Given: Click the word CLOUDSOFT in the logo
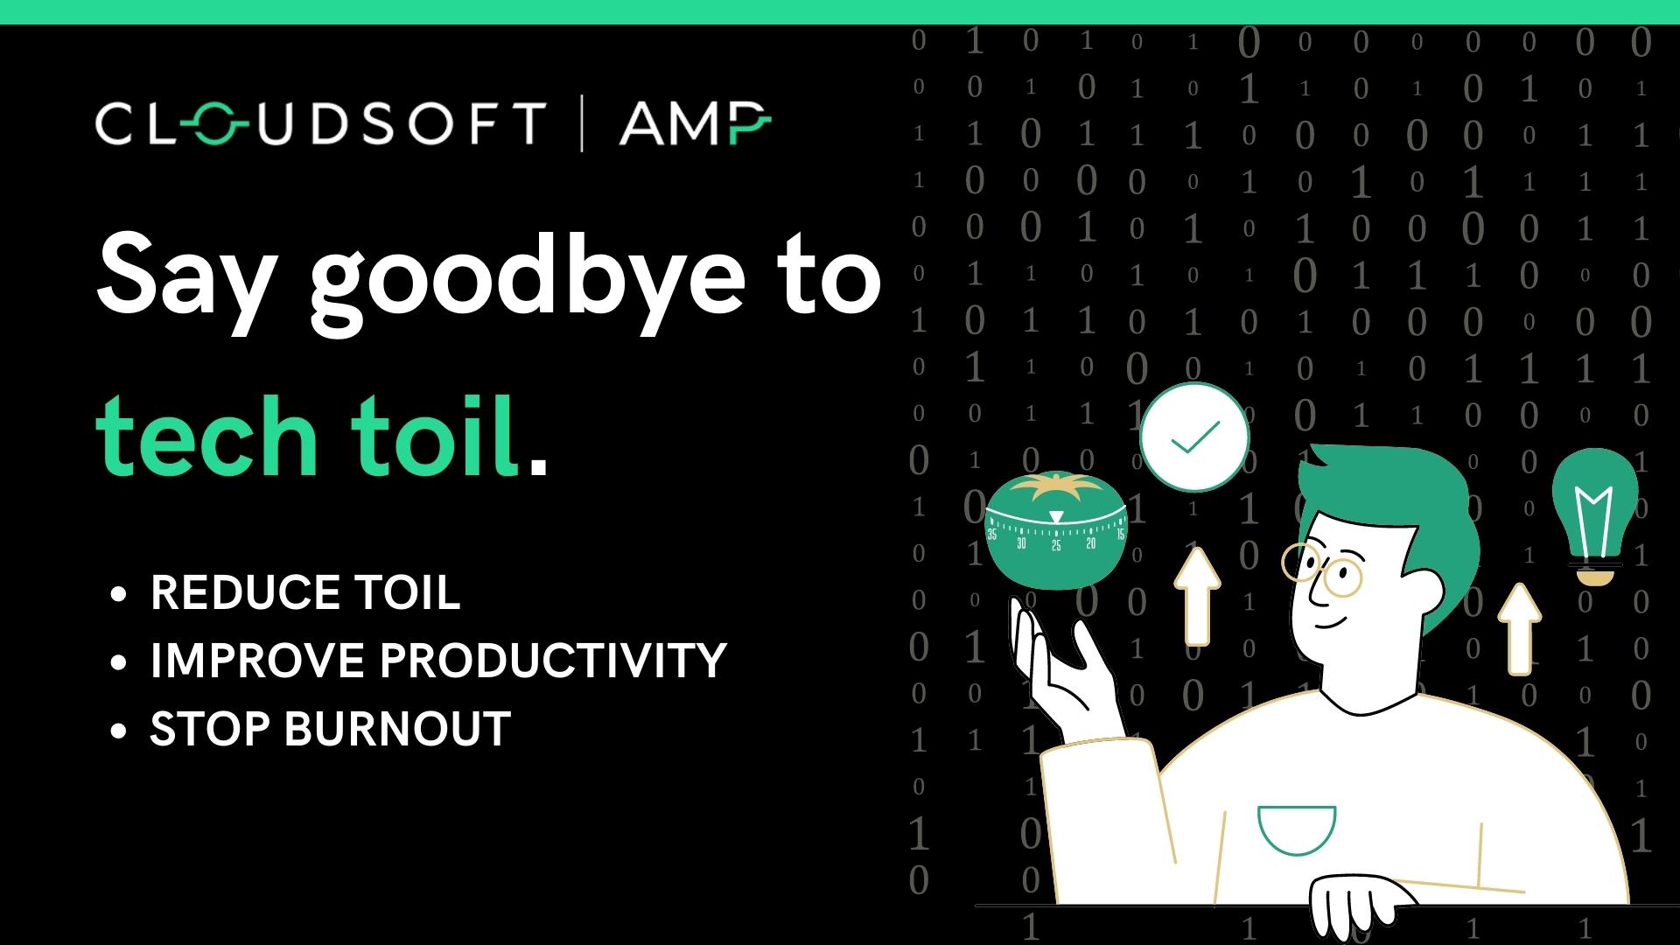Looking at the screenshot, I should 320,122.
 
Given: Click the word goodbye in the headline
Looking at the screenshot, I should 528,276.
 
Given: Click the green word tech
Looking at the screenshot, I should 206,435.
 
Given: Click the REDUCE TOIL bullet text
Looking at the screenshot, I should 305,592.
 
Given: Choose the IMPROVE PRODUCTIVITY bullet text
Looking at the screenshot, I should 438,660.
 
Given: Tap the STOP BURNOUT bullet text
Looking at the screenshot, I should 331,728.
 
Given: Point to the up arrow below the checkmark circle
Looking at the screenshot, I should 1196,595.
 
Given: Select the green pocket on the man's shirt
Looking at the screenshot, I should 1296,828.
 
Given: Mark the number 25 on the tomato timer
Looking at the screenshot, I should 1056,545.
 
